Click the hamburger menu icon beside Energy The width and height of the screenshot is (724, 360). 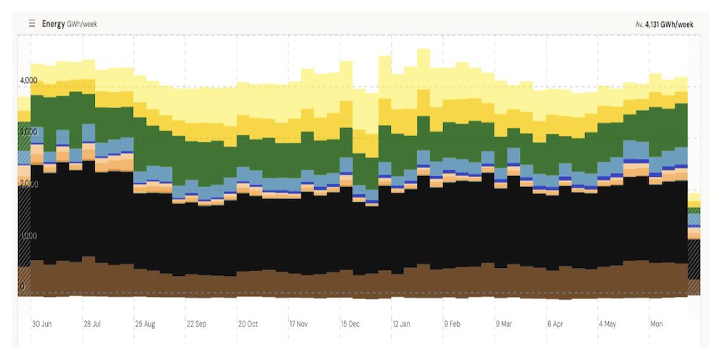point(32,24)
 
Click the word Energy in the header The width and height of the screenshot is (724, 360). point(53,24)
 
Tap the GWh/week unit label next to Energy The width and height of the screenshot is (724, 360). point(82,24)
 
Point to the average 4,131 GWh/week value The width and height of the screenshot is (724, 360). point(665,25)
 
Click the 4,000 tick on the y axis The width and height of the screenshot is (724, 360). point(28,80)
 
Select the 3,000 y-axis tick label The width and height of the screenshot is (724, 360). point(28,132)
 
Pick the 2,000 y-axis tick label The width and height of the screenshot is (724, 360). point(28,184)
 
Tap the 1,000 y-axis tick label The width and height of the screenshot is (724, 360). point(28,235)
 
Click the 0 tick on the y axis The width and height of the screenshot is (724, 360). point(22,288)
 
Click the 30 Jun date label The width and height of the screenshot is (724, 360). point(41,324)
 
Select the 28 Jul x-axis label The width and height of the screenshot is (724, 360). point(93,324)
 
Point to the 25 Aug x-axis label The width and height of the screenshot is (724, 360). point(145,324)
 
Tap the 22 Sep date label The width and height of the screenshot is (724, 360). point(197,324)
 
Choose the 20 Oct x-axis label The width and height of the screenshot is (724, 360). point(248,324)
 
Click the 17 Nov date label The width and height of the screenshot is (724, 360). point(298,324)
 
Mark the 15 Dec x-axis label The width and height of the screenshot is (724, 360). point(350,324)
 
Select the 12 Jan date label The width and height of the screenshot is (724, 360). point(401,324)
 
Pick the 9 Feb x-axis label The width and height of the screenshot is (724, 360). point(452,324)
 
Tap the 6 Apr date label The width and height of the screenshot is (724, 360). point(555,324)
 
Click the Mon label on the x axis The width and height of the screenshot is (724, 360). point(656,324)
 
